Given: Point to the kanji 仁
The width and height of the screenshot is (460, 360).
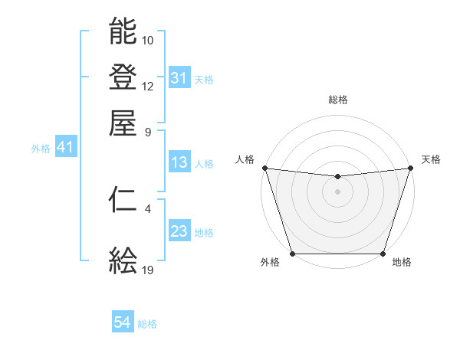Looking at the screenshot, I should (x=123, y=200).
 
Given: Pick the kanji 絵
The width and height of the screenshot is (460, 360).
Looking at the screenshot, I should (x=123, y=261).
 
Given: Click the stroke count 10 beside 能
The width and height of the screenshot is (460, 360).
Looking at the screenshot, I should (x=148, y=40).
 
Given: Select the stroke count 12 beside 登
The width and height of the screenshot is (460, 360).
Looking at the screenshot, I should (x=148, y=86).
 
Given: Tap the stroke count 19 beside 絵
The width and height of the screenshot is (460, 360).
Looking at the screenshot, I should (x=148, y=270).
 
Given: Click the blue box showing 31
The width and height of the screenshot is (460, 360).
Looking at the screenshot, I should (x=179, y=78).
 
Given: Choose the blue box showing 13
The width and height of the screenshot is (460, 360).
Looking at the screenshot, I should (x=179, y=162).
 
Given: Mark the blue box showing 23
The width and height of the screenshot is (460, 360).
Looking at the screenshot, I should (x=179, y=231).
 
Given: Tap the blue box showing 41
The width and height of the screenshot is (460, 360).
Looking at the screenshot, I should (x=64, y=148).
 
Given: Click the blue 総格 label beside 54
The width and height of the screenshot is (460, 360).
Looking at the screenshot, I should (x=147, y=324).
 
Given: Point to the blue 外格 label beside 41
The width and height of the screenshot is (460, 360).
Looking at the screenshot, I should (x=41, y=149).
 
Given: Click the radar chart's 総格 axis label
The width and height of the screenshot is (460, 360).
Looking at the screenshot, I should (x=337, y=100).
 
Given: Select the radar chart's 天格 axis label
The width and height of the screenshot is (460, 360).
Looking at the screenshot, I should (x=431, y=159).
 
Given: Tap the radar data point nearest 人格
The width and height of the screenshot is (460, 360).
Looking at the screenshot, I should (x=264, y=168).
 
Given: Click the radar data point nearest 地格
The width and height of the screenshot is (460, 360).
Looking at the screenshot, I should (x=383, y=254).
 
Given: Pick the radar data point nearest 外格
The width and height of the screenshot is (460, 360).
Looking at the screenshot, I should (x=292, y=254).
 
